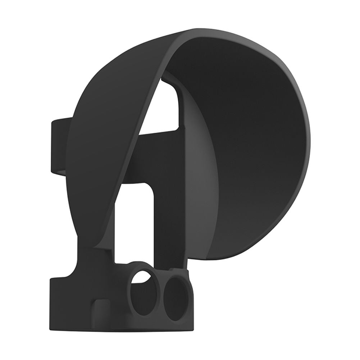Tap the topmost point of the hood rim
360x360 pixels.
coord(201,28)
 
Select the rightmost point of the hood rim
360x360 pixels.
coord(310,144)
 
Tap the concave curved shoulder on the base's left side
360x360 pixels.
coord(74,270)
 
